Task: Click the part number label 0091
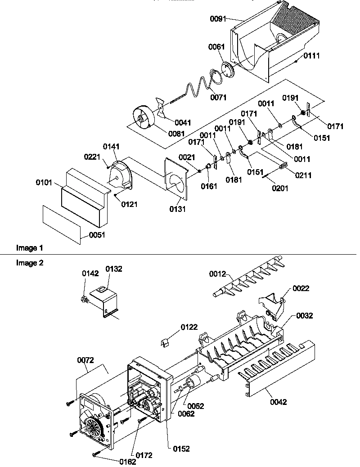tap(219, 19)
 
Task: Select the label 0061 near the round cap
tap(216, 47)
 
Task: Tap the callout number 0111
tap(311, 56)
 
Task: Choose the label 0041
tap(183, 122)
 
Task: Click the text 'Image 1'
tap(30, 248)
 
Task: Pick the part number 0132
tap(113, 269)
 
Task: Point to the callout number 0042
tap(278, 402)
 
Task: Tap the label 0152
tap(181, 449)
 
